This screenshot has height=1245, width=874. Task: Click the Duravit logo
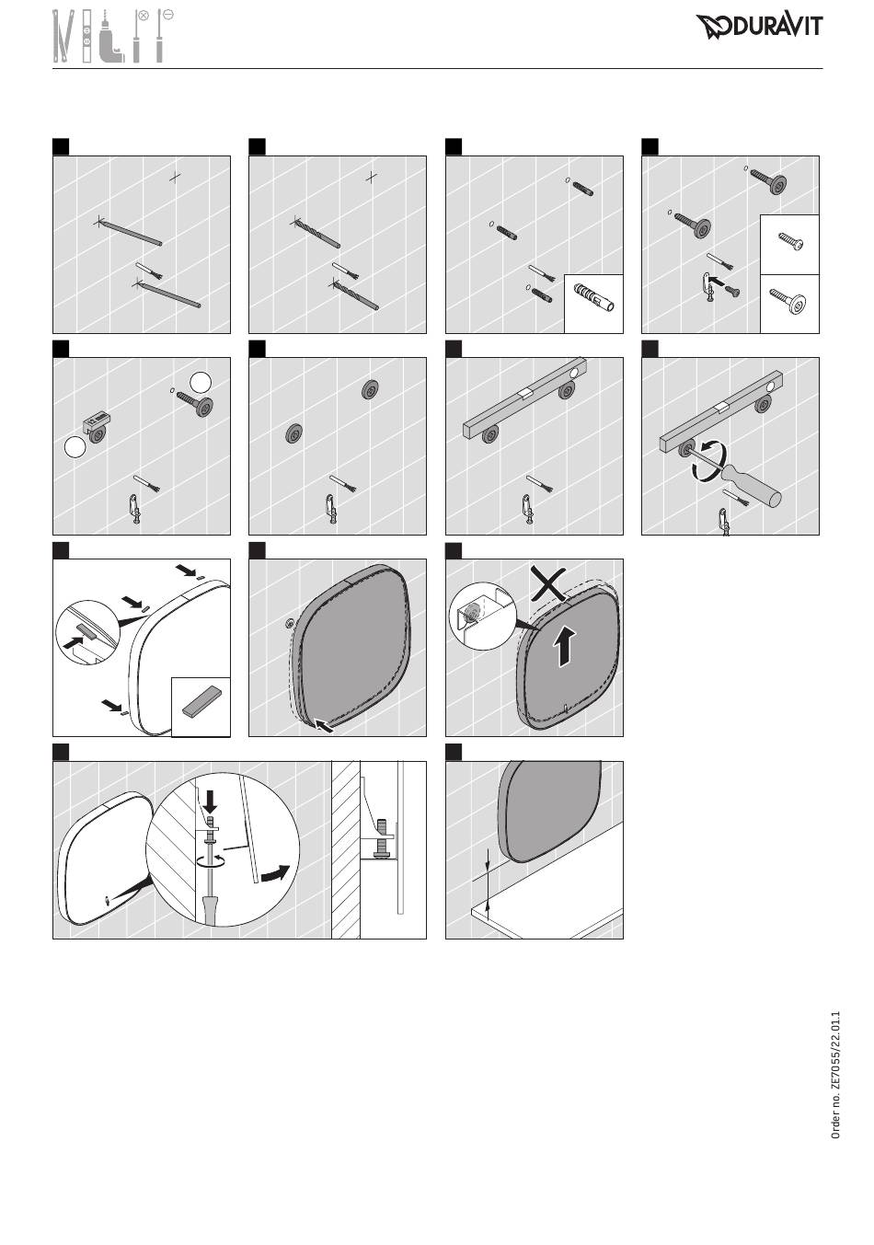coord(759,27)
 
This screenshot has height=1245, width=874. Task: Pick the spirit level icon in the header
coord(87,36)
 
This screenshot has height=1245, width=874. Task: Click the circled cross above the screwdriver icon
coord(144,15)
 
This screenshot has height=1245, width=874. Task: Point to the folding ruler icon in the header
coord(63,36)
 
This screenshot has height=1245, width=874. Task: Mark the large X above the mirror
coord(548,584)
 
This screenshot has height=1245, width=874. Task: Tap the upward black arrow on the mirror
coord(563,647)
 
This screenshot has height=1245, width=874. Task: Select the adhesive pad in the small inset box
coord(201,704)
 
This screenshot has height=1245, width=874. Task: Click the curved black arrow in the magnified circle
coord(276,872)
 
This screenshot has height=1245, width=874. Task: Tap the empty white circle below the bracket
coord(75,447)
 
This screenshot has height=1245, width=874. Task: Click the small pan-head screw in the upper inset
coord(790,241)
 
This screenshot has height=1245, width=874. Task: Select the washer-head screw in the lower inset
coord(788,300)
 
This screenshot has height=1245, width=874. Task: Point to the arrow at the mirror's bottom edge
coord(325,725)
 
